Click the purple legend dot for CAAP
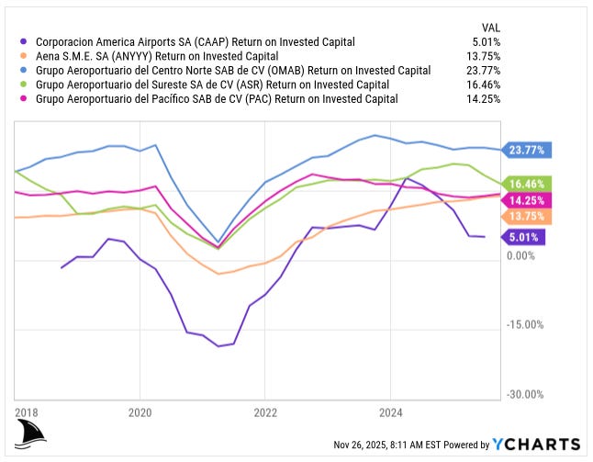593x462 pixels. pyautogui.click(x=23, y=41)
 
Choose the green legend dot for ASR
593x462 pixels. pyautogui.click(x=23, y=85)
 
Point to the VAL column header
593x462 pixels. pyautogui.click(x=490, y=27)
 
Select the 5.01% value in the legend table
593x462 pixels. pyautogui.click(x=484, y=41)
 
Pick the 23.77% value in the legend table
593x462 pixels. pyautogui.click(x=482, y=71)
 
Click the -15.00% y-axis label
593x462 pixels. pyautogui.click(x=525, y=324)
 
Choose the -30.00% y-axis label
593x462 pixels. pyautogui.click(x=525, y=394)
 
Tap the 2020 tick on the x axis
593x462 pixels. pyautogui.click(x=140, y=411)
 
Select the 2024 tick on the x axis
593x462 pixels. pyautogui.click(x=391, y=411)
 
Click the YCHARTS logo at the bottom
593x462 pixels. pyautogui.click(x=537, y=445)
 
